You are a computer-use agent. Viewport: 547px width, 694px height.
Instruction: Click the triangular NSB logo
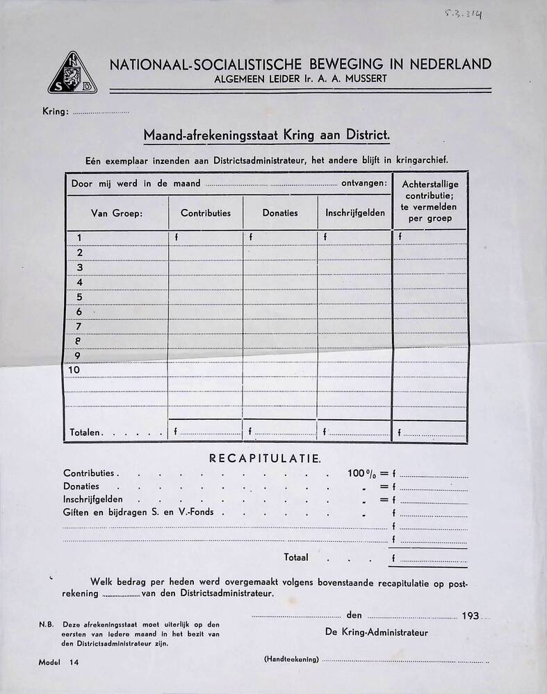[72, 74]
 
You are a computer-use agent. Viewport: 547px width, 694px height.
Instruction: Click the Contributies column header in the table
[206, 213]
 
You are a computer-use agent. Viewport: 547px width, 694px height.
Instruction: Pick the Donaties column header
[280, 213]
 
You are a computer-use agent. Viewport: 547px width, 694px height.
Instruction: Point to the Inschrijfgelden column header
[354, 213]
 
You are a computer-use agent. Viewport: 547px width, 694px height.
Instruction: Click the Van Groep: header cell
[117, 213]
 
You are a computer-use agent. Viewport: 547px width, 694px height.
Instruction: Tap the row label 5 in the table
[79, 297]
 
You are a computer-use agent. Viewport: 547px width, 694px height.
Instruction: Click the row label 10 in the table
[74, 370]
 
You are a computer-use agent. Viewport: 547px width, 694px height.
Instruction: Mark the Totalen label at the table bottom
[86, 432]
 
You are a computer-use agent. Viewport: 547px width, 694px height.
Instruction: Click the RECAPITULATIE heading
[265, 459]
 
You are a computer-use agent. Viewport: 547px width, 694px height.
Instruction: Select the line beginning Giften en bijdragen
[139, 512]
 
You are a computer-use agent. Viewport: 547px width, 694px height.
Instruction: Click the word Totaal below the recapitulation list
[296, 557]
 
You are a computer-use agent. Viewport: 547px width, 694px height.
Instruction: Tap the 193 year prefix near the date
[470, 616]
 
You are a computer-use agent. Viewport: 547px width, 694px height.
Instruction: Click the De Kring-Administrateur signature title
[376, 632]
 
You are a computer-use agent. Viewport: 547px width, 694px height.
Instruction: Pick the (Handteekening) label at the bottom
[291, 659]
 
